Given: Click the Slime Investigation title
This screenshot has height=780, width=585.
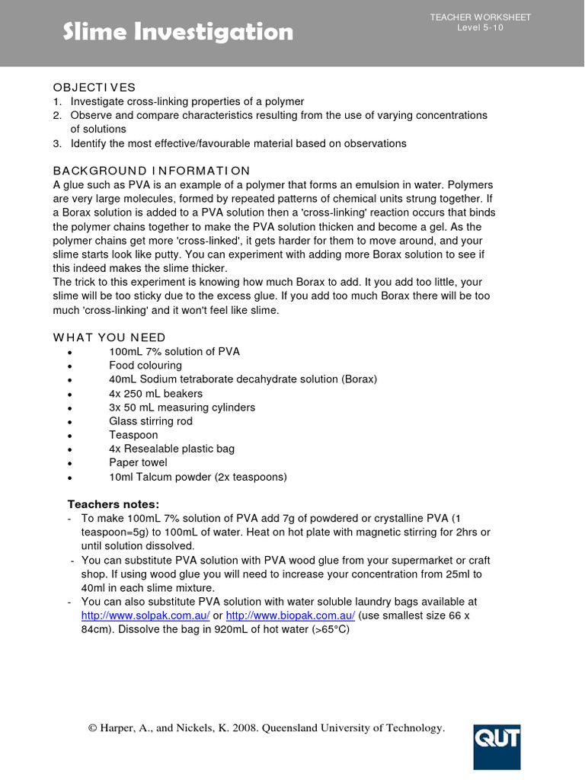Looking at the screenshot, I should [177, 32].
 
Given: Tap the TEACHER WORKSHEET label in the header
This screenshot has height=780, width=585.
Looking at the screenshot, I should [480, 18].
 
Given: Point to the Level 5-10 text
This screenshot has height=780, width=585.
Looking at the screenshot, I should [480, 28].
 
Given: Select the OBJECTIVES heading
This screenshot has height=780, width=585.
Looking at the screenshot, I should [94, 87].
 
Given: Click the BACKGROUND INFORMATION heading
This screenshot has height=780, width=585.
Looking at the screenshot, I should [151, 170].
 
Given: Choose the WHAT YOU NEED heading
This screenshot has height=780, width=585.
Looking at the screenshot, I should [109, 337].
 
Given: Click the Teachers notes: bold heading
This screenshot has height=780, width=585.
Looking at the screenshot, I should [113, 504].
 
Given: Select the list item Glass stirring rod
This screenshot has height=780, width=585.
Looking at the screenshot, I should [151, 421].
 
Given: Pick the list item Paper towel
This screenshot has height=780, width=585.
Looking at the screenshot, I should [138, 462].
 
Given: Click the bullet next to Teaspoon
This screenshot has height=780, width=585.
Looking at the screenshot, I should [69, 436].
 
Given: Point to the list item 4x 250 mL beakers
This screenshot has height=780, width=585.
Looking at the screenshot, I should [155, 394].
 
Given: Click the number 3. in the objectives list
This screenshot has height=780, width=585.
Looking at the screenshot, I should [57, 143].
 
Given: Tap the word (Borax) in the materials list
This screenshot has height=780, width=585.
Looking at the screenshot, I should [359, 379].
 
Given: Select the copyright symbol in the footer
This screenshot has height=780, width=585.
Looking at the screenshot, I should [93, 729].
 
